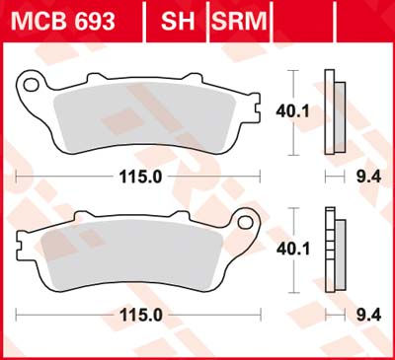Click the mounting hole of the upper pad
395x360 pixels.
(x=31, y=86)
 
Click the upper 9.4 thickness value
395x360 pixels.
(x=363, y=176)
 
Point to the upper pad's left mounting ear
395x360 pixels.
(x=31, y=84)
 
